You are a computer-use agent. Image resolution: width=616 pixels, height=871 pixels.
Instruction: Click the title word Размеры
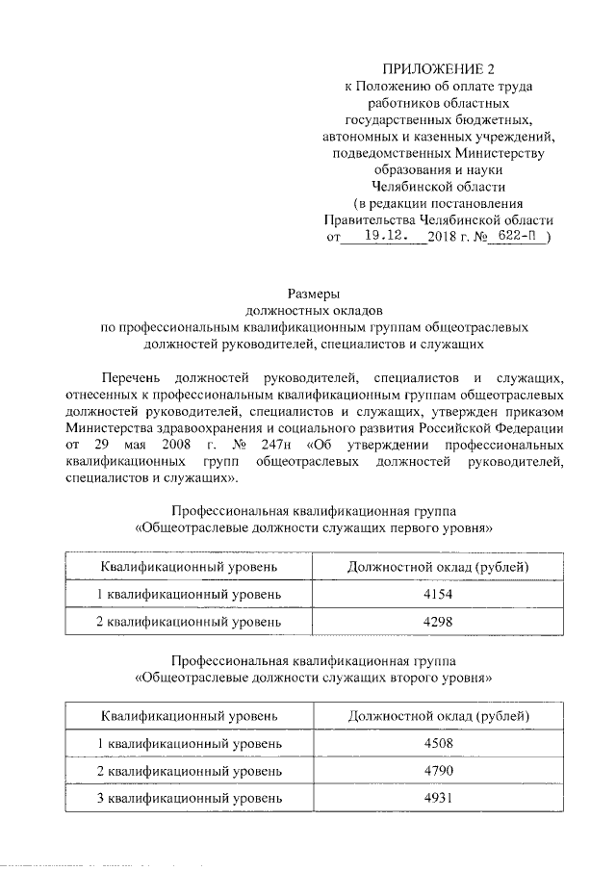pyautogui.click(x=308, y=294)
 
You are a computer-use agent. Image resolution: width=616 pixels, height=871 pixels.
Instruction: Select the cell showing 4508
pyautogui.click(x=438, y=744)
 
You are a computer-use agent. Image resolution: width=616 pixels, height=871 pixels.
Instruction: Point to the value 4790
pyautogui.click(x=438, y=771)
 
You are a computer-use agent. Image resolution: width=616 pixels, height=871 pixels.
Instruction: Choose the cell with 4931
pyautogui.click(x=438, y=798)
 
